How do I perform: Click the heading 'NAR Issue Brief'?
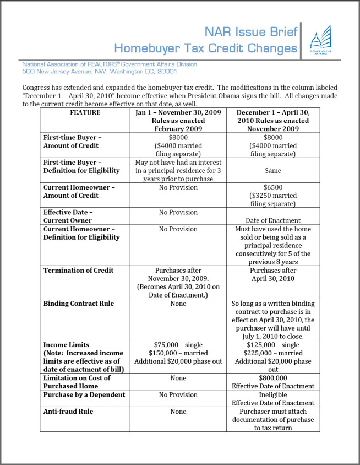click(x=251, y=31)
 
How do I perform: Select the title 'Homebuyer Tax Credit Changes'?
click(x=205, y=48)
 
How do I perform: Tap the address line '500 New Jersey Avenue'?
click(x=99, y=71)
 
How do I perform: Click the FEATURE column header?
click(x=85, y=112)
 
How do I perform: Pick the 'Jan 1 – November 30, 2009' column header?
click(x=178, y=112)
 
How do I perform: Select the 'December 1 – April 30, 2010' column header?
click(x=272, y=112)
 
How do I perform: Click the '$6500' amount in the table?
click(x=272, y=187)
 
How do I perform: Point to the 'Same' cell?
click(x=272, y=171)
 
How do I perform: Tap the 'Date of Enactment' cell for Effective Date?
click(x=272, y=220)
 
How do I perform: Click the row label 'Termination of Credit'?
click(x=79, y=270)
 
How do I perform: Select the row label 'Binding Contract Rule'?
click(x=79, y=304)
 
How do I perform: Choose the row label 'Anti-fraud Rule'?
click(x=68, y=411)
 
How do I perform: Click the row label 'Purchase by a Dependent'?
click(x=84, y=394)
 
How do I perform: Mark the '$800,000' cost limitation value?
click(x=272, y=378)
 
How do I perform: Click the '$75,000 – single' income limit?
click(x=178, y=345)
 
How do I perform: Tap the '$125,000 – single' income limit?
click(x=272, y=345)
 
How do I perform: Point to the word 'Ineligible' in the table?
click(x=272, y=394)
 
